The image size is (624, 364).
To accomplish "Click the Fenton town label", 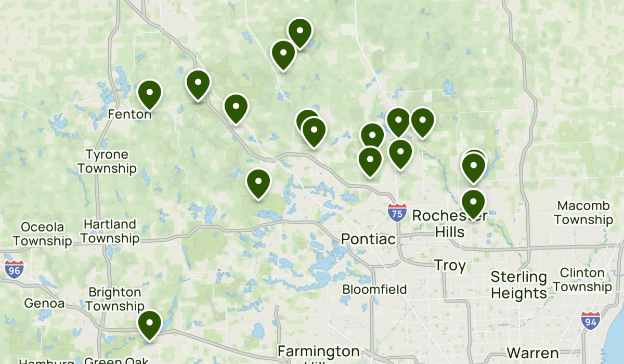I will click(x=129, y=113).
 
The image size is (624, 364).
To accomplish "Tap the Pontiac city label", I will click(x=368, y=239).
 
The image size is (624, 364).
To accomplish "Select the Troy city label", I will click(x=450, y=265).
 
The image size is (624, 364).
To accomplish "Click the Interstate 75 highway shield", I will click(x=397, y=213).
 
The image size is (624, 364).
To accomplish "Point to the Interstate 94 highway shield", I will click(x=590, y=321).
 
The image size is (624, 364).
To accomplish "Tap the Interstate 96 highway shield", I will click(x=13, y=269).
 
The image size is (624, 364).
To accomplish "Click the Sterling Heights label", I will click(x=518, y=285).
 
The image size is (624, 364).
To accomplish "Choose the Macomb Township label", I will click(x=583, y=213).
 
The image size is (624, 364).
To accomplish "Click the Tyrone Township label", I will click(x=107, y=162).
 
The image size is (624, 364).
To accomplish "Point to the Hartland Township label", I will click(x=110, y=231).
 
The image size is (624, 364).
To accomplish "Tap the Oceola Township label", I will click(x=42, y=234).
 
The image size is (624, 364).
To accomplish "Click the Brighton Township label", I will click(x=114, y=299).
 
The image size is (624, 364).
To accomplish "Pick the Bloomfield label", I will click(x=374, y=289).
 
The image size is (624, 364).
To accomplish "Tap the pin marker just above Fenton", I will click(x=150, y=94).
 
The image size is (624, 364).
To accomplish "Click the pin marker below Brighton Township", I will click(x=150, y=324).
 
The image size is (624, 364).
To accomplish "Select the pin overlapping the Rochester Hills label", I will click(x=473, y=203).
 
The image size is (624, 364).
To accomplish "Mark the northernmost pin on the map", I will click(x=300, y=32).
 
